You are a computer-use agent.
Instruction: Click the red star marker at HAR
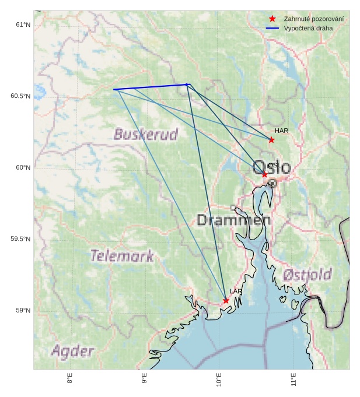point(271,140)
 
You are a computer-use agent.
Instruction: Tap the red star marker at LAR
point(226,301)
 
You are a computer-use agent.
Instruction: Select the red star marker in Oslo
point(264,174)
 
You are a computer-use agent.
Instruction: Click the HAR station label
point(282,131)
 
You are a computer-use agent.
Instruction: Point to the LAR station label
point(236,291)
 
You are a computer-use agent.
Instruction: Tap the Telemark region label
point(122,255)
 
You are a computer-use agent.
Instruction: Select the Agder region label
point(72,351)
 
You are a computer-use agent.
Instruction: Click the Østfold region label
point(307,275)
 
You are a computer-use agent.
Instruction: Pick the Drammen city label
point(233,220)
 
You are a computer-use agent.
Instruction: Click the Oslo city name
point(272,168)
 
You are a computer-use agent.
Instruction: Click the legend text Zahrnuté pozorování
point(313,19)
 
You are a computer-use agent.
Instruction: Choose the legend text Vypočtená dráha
point(309,28)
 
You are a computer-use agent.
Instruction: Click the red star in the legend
point(272,19)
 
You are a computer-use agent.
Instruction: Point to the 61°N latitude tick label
point(23,24)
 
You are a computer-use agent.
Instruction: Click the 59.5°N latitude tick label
point(20,240)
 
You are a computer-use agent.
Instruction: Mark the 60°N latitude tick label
point(23,168)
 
